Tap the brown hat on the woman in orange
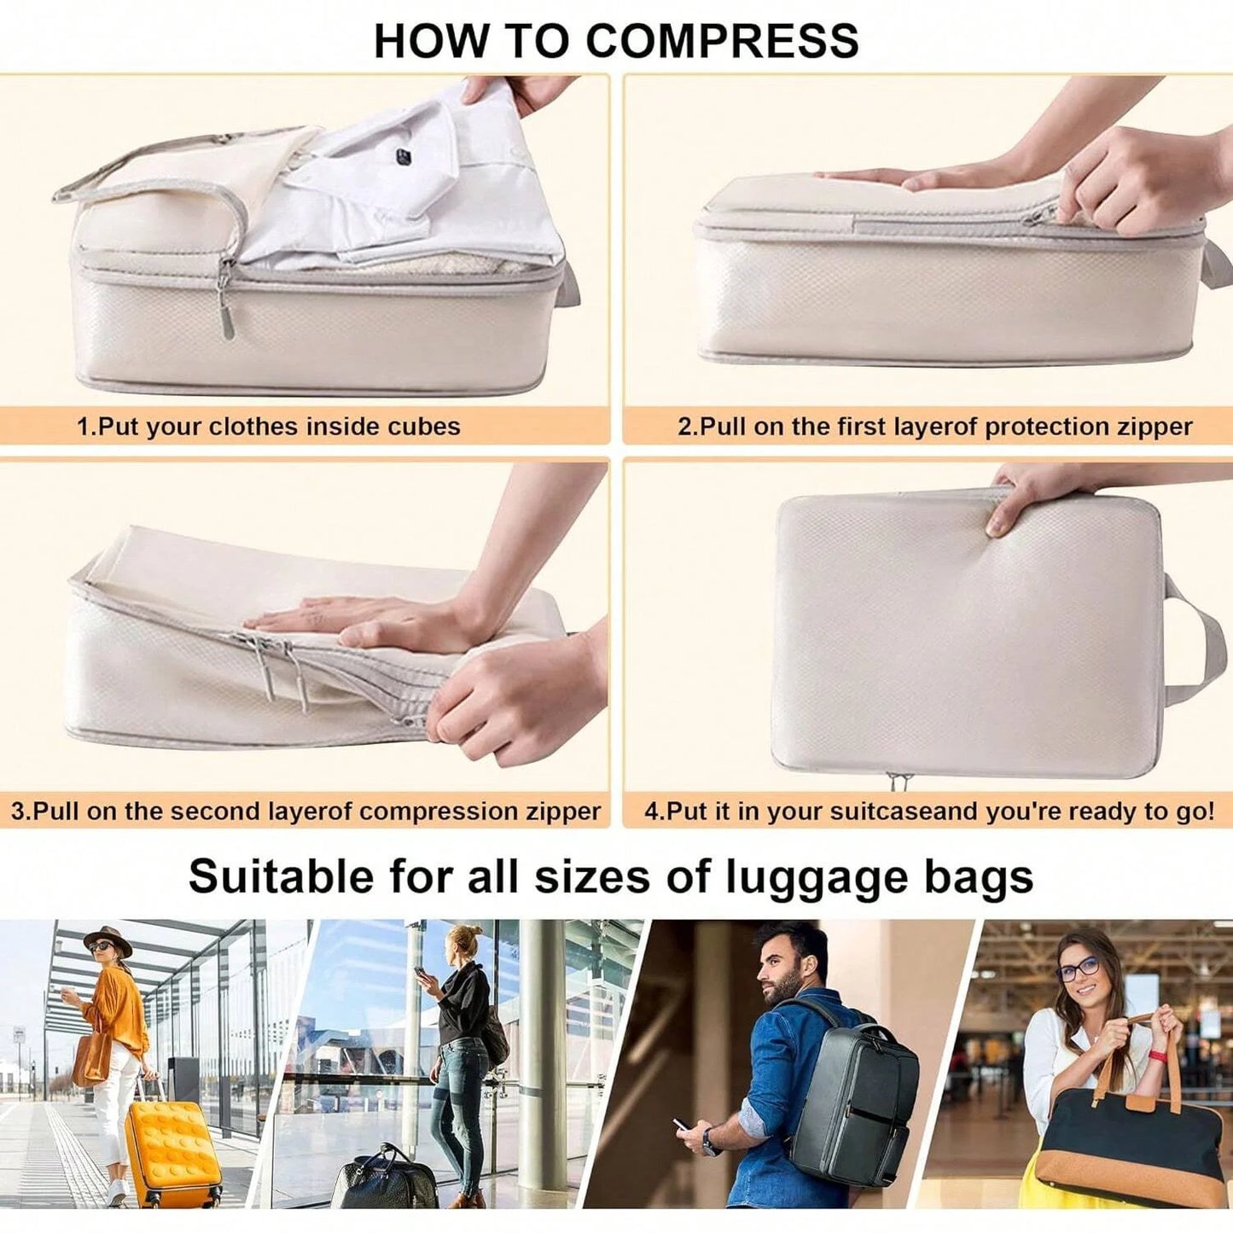click(x=108, y=939)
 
